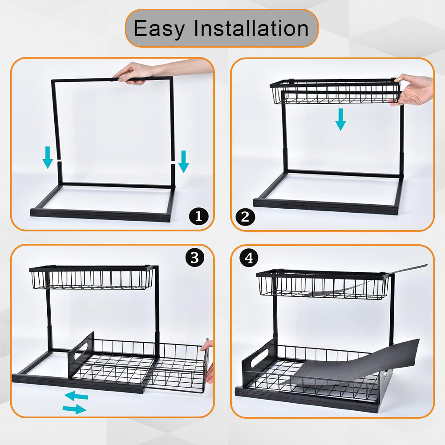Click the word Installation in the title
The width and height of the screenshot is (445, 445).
click(x=251, y=28)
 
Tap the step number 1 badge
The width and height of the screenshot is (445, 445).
click(x=198, y=216)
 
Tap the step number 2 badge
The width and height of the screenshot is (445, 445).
click(x=245, y=217)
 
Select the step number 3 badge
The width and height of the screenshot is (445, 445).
click(x=195, y=258)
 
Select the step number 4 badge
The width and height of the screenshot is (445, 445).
click(x=249, y=258)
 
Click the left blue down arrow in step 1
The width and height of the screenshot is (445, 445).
click(x=48, y=158)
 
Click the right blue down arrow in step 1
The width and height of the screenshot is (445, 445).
click(x=184, y=162)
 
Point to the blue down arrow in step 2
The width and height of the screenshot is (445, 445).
click(x=340, y=119)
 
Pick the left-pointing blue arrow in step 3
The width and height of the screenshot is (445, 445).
click(x=77, y=396)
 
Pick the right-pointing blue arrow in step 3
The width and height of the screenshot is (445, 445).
click(x=74, y=409)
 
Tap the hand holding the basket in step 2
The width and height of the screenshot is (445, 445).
click(x=413, y=89)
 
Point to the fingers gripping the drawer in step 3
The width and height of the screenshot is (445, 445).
click(x=209, y=361)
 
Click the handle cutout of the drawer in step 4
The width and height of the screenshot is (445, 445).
click(x=259, y=358)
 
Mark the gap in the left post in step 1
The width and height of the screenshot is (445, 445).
click(x=59, y=161)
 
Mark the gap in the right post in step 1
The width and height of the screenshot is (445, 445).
click(x=173, y=163)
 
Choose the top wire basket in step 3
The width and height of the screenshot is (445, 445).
click(x=92, y=278)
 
